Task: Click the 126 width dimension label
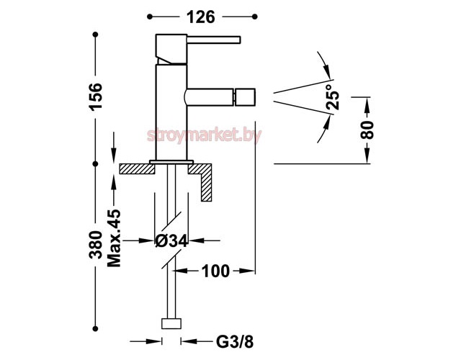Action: click(201, 17)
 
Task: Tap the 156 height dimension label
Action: click(96, 96)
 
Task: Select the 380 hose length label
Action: click(96, 245)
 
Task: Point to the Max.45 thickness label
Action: click(114, 238)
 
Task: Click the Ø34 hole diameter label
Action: click(171, 241)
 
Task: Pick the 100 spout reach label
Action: click(215, 271)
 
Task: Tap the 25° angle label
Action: click(333, 96)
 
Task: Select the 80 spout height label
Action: click(367, 130)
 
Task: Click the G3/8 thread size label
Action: click(235, 342)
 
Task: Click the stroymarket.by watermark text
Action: click(204, 135)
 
